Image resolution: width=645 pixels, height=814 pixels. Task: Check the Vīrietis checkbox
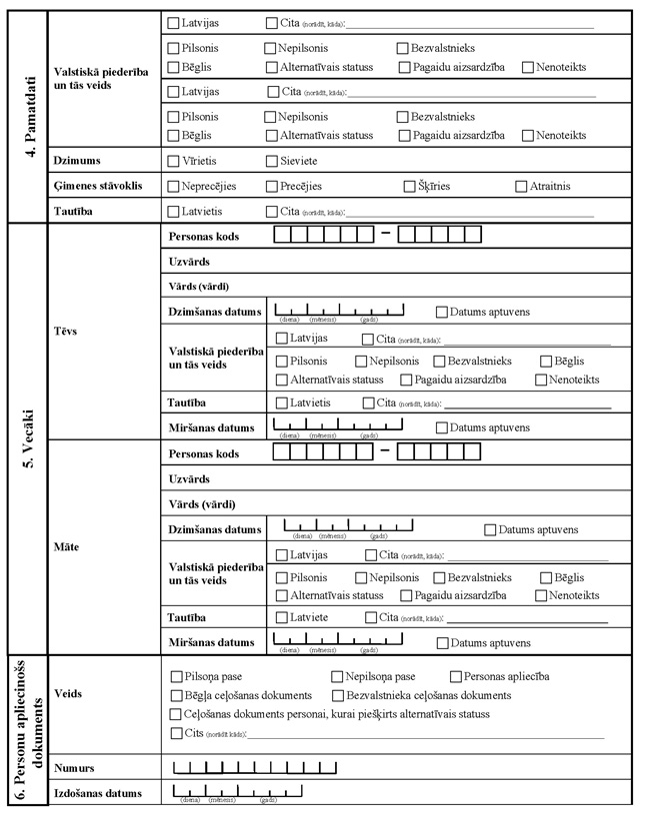coord(174,160)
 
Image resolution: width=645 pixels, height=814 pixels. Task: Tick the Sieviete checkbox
coord(272,160)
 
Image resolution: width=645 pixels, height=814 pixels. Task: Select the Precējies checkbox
coord(272,186)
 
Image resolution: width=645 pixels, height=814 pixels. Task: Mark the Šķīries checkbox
coord(410,186)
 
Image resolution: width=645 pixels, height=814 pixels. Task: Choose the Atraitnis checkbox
coord(522,186)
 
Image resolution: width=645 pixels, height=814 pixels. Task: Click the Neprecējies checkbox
coord(174,186)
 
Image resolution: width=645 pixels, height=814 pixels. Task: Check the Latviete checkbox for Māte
coord(282,617)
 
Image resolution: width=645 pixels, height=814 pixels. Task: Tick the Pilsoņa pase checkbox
coord(178,676)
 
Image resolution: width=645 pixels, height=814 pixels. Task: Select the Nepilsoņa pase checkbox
coord(337,676)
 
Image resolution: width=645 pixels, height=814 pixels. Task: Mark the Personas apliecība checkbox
coord(457,676)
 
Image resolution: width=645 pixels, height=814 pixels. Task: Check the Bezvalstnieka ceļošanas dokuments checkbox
coord(338,695)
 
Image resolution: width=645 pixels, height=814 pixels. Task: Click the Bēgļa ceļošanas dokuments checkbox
coord(178,695)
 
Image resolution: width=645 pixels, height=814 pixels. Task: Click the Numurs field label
coord(75,768)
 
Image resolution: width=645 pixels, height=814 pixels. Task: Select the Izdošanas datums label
coord(98,794)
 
